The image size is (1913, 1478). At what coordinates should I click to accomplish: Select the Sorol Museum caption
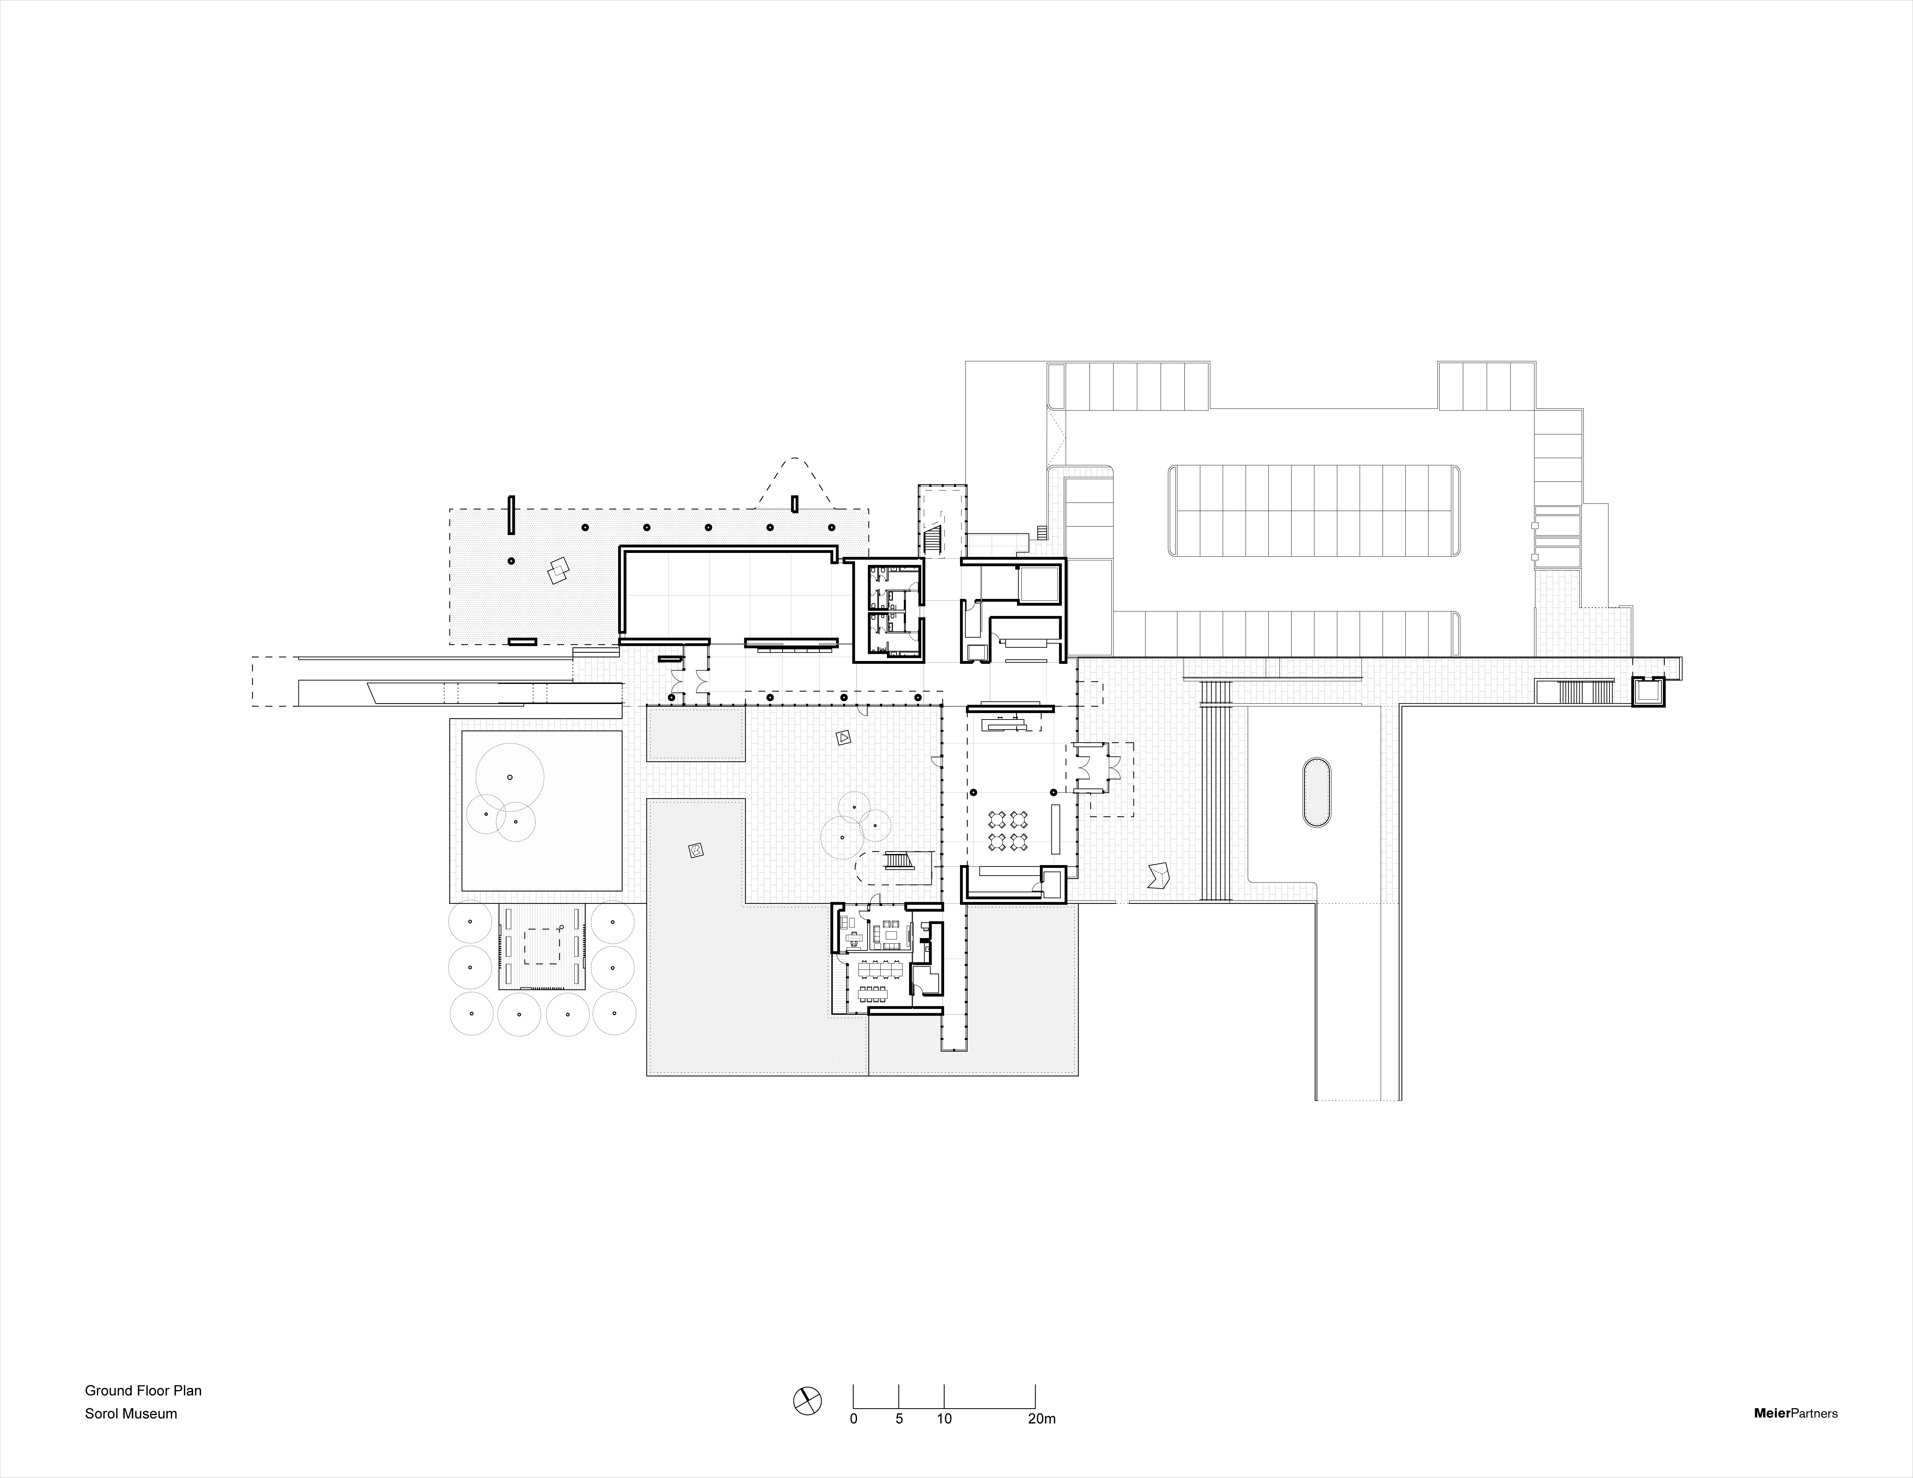tap(131, 1413)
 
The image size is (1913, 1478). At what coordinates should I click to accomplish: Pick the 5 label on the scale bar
tap(900, 1419)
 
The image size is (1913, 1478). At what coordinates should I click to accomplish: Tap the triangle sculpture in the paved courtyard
tap(843, 738)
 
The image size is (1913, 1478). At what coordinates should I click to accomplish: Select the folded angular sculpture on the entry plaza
tap(1161, 877)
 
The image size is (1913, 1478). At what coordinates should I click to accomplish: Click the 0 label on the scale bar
tap(854, 1419)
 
